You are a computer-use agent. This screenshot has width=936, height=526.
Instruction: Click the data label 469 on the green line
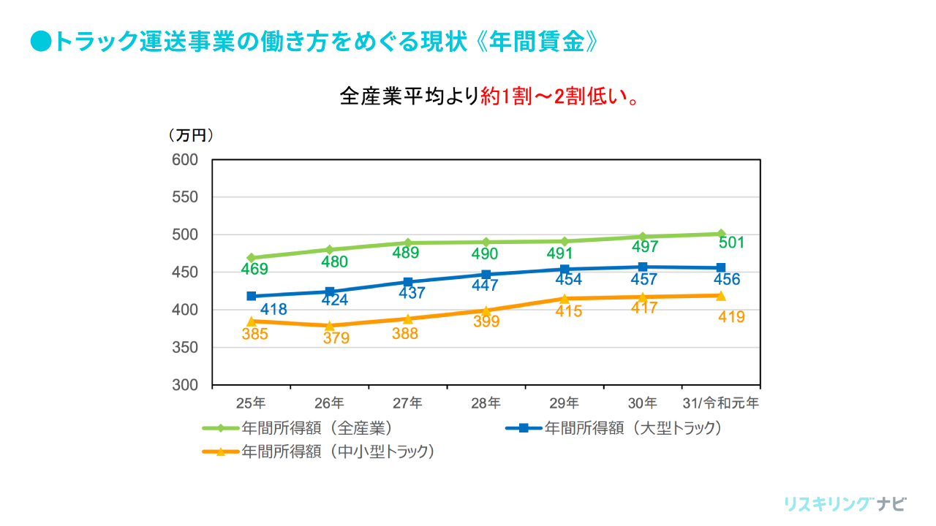tap(254, 270)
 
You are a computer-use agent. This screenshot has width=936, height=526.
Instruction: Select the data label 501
tap(731, 243)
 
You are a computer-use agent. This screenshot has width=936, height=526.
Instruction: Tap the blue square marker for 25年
tap(252, 296)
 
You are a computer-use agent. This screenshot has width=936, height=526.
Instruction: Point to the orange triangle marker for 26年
tap(330, 325)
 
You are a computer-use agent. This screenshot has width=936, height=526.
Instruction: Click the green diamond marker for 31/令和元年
tap(721, 234)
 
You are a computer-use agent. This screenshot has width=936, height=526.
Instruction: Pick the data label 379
tap(336, 338)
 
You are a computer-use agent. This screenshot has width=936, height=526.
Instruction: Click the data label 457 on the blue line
tap(643, 279)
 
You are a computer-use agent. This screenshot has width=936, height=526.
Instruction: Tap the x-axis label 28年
tap(486, 403)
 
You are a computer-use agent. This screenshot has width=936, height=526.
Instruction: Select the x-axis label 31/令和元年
tap(720, 403)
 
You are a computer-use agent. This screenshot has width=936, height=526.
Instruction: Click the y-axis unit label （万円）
tap(191, 135)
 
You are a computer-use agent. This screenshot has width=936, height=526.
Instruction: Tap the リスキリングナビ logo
tap(845, 504)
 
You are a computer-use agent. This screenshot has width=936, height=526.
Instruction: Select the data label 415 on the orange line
tap(569, 311)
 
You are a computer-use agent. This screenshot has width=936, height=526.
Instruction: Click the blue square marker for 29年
tap(565, 269)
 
